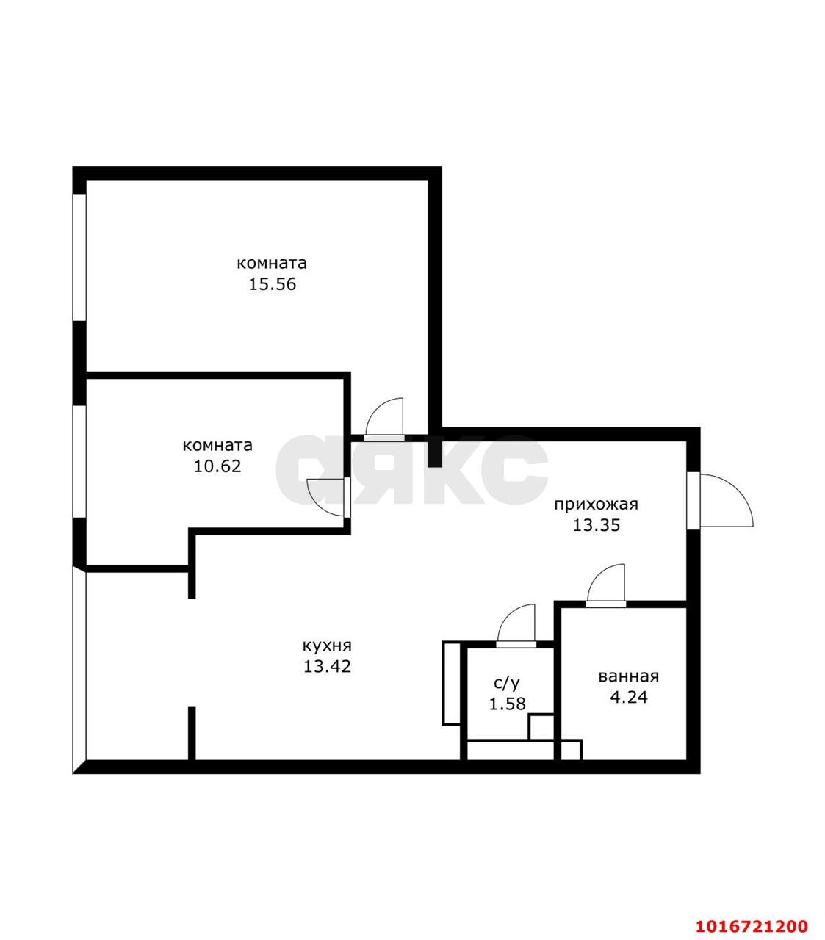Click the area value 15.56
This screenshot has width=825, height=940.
coord(272,284)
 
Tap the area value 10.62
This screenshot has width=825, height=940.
coord(217,466)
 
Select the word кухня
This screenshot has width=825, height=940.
coord(327,646)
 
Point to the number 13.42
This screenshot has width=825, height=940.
coord(327,666)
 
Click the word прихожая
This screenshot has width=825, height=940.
coord(596,505)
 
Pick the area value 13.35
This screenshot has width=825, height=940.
coord(596,525)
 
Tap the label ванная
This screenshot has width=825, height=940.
coord(628,676)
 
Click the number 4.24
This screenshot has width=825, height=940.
coord(628,697)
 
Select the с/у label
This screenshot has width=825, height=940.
coord(506,683)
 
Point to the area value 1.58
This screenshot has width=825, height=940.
coord(507,704)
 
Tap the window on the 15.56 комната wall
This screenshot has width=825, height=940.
coord(79,256)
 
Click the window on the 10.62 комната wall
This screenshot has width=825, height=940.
coord(79,461)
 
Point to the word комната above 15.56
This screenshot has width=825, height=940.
coord(272,264)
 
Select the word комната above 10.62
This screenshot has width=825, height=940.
coord(217,446)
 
